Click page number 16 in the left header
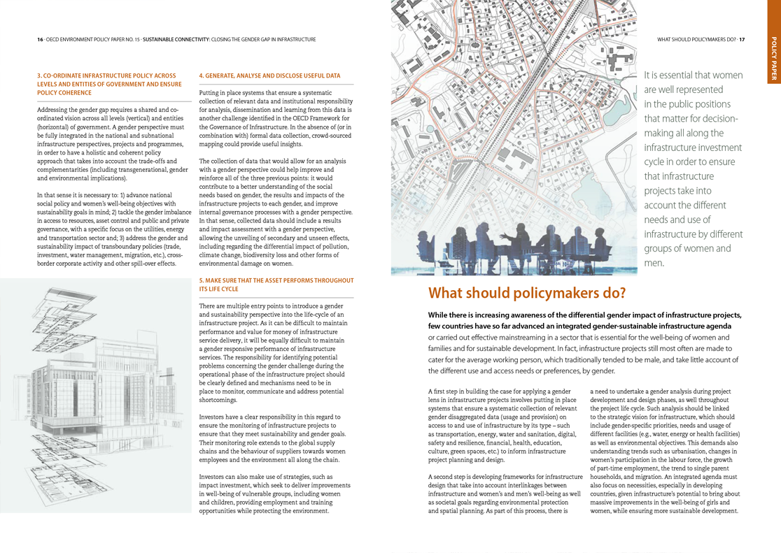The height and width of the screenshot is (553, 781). point(40,40)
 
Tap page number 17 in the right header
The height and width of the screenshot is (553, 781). point(742,40)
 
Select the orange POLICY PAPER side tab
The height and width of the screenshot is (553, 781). point(773,59)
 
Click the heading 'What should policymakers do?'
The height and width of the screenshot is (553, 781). point(526,293)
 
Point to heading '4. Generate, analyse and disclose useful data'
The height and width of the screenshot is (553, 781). point(269,76)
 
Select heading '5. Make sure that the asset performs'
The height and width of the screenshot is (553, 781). point(276,285)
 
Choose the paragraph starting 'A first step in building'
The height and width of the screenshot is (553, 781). point(505,426)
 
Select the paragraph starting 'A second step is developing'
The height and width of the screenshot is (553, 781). point(505,494)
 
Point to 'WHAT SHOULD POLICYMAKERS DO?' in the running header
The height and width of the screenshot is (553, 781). point(696,40)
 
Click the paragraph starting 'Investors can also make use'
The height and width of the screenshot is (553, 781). point(276,494)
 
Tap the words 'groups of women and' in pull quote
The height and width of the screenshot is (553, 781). point(687,249)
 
